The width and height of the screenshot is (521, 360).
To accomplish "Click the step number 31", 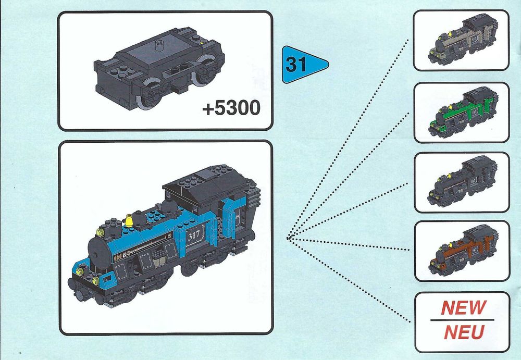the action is [296, 64].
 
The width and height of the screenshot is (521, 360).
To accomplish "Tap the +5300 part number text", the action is [231, 108].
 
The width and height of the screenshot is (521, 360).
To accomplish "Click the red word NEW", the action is [464, 307].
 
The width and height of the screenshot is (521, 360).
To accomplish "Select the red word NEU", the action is [464, 332].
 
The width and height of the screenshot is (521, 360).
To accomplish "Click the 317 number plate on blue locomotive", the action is [194, 235].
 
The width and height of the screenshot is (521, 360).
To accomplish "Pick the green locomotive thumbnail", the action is [463, 112].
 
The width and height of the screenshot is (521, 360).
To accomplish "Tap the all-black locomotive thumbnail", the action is [463, 181].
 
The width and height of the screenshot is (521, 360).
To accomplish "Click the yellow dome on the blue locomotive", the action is [129, 221].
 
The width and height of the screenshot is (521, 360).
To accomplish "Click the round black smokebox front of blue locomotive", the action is [98, 254].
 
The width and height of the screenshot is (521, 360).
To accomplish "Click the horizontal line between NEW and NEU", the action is [462, 320].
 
